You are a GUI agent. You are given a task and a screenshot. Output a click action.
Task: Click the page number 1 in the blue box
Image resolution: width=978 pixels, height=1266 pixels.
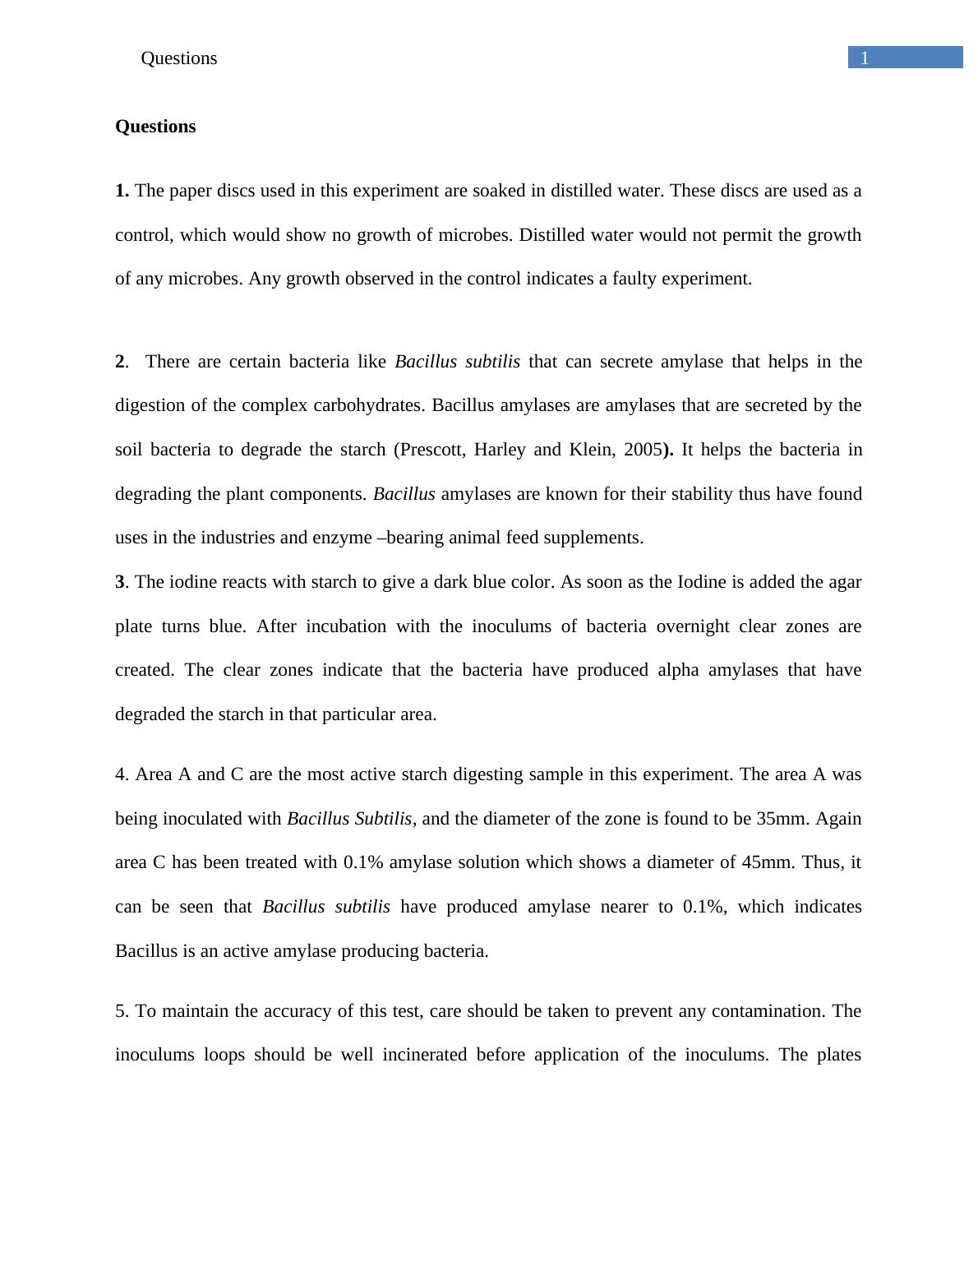pyautogui.click(x=865, y=58)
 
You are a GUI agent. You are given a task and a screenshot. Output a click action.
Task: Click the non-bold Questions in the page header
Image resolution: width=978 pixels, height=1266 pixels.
pyautogui.click(x=178, y=58)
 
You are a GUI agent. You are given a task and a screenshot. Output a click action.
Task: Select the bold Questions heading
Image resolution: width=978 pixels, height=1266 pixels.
pyautogui.click(x=155, y=127)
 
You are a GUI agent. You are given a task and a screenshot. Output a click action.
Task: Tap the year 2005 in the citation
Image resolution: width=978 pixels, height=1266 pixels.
pyautogui.click(x=643, y=450)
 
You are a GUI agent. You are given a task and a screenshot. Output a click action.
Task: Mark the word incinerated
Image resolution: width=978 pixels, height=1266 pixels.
pyautogui.click(x=425, y=1055)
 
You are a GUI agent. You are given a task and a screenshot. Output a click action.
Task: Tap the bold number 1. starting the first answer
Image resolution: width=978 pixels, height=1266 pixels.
pyautogui.click(x=122, y=191)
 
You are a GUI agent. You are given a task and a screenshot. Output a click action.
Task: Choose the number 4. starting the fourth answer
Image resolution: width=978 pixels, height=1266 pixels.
pyautogui.click(x=122, y=774)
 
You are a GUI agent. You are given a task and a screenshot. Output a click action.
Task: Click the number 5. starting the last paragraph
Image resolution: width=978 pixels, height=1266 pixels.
pyautogui.click(x=122, y=1011)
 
